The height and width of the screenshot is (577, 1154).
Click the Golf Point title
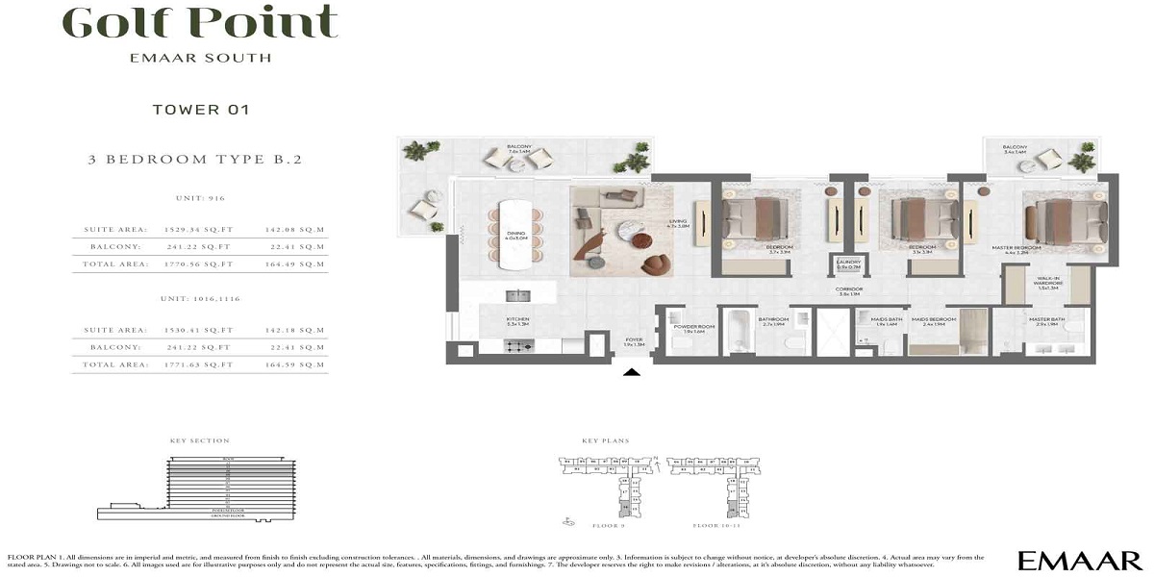point(200,22)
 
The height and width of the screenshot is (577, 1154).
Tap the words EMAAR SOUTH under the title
point(200,58)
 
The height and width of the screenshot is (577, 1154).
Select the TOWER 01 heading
point(201,110)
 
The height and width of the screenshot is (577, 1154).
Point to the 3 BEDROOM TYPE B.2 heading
point(201,160)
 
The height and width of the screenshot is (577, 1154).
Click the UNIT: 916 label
point(200,199)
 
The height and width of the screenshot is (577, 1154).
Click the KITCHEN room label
point(518,319)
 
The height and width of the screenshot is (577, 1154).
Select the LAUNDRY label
point(847,262)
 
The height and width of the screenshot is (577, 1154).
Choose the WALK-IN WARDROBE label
point(1046,284)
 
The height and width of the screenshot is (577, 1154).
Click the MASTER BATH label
point(1043,320)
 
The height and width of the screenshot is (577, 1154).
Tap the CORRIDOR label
point(848,289)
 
